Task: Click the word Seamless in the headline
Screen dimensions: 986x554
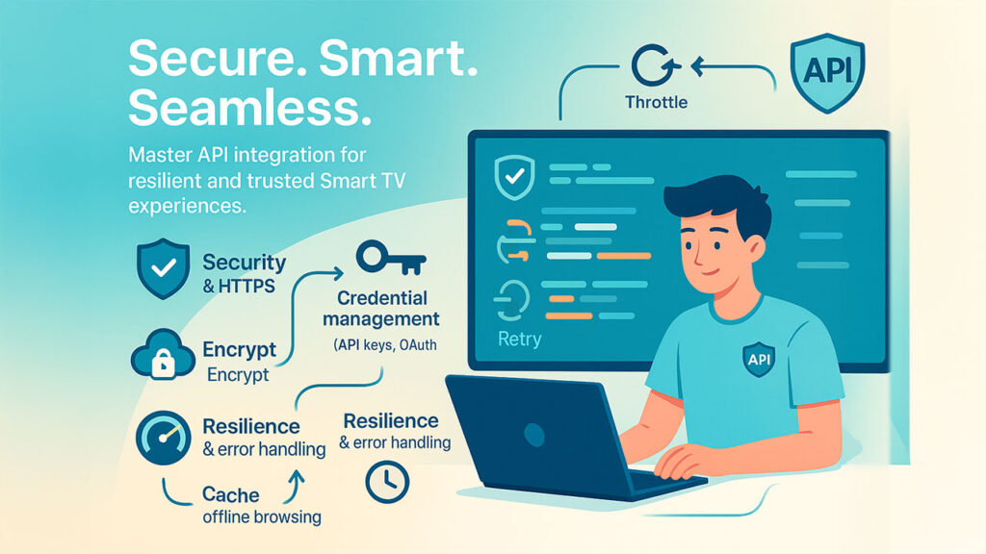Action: point(249,108)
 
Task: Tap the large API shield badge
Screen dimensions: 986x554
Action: point(827,72)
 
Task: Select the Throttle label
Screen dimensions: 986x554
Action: point(656,102)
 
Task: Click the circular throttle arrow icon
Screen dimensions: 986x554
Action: point(655,64)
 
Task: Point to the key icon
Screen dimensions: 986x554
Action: point(391,258)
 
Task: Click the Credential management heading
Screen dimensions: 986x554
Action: point(381,309)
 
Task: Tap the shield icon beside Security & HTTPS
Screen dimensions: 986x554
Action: point(164,268)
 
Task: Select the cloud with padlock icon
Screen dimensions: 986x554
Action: point(163,354)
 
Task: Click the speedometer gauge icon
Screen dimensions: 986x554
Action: point(164,438)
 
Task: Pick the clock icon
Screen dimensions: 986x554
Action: point(387,482)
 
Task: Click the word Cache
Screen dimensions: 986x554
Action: point(231,495)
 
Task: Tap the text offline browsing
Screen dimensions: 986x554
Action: point(262,516)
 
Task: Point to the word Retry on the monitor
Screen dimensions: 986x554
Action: point(519,340)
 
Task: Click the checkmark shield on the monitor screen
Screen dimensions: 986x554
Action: point(515,178)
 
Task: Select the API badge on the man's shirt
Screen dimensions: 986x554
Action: point(759,360)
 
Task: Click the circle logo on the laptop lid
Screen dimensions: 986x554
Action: point(533,435)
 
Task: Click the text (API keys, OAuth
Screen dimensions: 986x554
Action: point(385,345)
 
